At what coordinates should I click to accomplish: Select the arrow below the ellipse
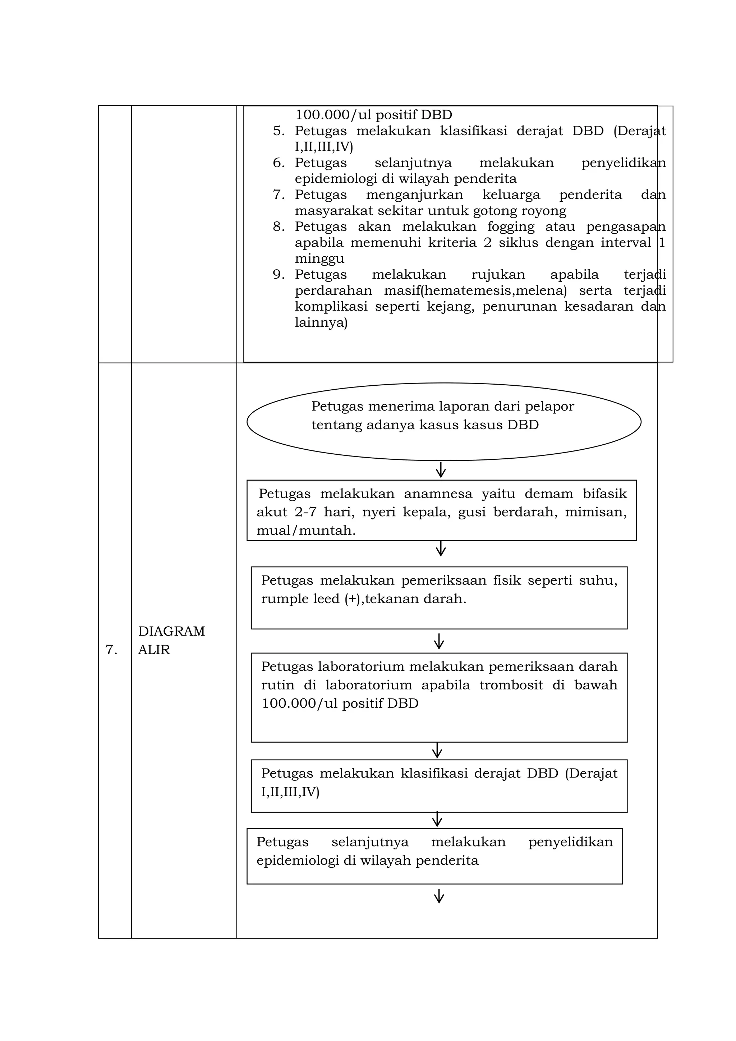[x=441, y=470]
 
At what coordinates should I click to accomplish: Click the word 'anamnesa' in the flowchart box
[x=438, y=494]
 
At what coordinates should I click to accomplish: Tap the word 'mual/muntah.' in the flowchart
[x=306, y=531]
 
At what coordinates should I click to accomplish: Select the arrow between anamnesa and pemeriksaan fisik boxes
[x=441, y=549]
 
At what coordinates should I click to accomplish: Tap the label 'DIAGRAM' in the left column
[x=171, y=631]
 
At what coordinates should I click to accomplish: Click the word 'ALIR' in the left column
[x=154, y=650]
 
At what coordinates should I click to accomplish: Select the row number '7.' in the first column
[x=111, y=650]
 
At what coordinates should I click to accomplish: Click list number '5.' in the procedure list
[x=279, y=131]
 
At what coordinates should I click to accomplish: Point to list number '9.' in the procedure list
[x=279, y=275]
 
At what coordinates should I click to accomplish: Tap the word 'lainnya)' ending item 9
[x=321, y=323]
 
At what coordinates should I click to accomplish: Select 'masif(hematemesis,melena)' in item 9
[x=475, y=291]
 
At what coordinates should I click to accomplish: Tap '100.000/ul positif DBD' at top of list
[x=373, y=115]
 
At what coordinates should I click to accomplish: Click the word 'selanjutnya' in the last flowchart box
[x=370, y=842]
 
